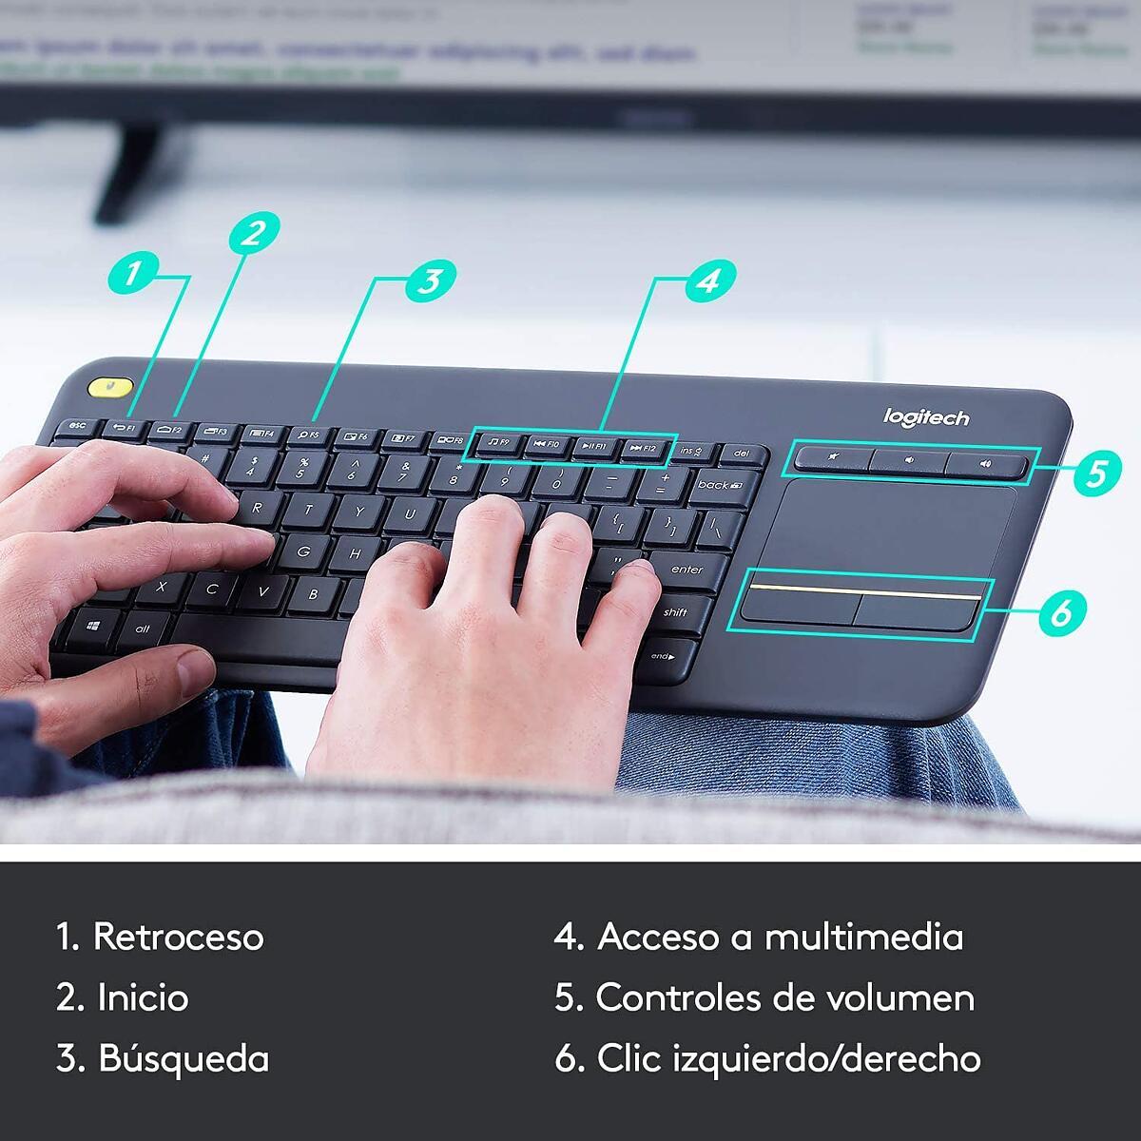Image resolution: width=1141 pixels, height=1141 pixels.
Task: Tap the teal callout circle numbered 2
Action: click(x=253, y=231)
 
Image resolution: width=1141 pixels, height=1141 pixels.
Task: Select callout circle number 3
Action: click(x=430, y=280)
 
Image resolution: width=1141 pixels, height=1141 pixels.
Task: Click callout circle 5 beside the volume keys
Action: click(x=1097, y=473)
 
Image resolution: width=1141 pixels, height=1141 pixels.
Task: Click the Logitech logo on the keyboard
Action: click(x=926, y=417)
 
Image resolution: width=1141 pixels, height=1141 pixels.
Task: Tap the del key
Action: click(x=742, y=454)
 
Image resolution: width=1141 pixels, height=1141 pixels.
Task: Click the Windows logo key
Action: click(x=93, y=629)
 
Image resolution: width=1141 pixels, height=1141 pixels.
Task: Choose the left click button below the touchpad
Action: click(x=798, y=607)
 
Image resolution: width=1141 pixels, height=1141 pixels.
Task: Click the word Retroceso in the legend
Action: click(x=178, y=937)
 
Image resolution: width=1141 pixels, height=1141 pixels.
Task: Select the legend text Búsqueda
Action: click(x=184, y=1058)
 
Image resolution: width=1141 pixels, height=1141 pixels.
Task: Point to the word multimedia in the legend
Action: click(x=863, y=937)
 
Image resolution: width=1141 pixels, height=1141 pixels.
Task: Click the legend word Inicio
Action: click(x=143, y=997)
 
